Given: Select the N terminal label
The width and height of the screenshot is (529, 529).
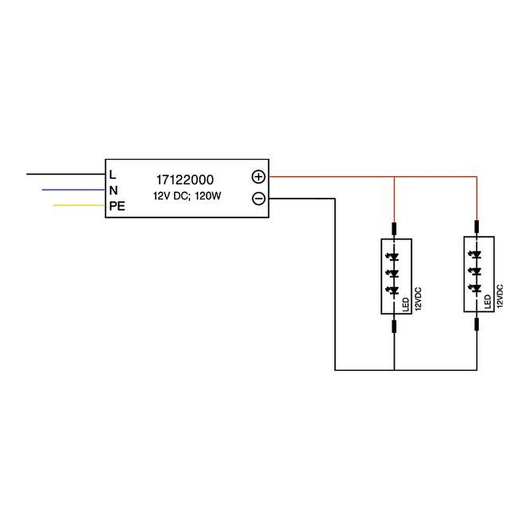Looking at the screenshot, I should click(113, 190).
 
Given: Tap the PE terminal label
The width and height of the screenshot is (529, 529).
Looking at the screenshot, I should click(117, 206).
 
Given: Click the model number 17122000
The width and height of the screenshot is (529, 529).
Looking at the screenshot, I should click(185, 180).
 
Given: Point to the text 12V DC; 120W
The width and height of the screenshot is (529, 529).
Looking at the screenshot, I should click(187, 196).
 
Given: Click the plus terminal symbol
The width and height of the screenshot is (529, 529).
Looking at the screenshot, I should click(258, 177).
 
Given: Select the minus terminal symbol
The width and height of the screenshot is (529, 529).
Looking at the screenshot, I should click(258, 199).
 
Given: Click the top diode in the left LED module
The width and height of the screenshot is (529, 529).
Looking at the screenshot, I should click(394, 257).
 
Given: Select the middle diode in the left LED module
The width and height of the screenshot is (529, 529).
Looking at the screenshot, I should click(394, 273).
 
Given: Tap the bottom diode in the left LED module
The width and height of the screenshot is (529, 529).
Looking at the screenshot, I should click(394, 290).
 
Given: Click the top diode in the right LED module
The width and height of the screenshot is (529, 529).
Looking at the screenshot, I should click(477, 254).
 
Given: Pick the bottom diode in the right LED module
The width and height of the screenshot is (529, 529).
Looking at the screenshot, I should click(477, 288).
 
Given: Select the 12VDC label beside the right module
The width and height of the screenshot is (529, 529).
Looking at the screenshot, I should click(500, 297).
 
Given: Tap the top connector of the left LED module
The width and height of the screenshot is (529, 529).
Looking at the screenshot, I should click(394, 229).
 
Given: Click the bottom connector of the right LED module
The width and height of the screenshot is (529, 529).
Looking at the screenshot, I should click(477, 324).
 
